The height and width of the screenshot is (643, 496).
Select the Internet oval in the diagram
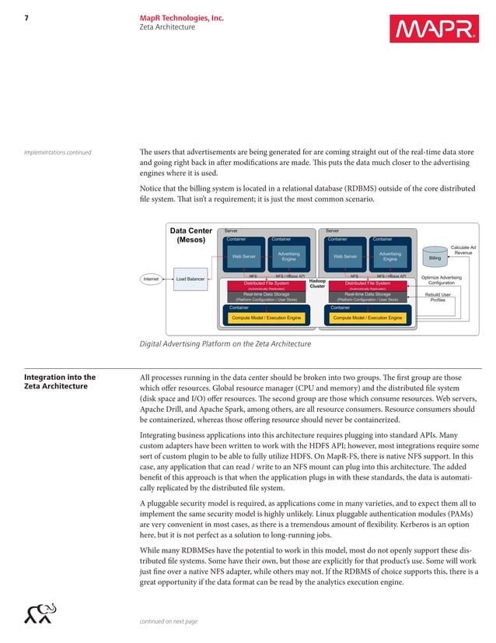(x=152, y=278)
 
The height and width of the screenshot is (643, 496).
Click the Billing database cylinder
(x=435, y=255)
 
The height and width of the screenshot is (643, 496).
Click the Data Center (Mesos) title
(x=190, y=236)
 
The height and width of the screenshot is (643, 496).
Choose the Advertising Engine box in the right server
(x=389, y=255)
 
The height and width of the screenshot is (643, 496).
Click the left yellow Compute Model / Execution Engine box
(x=267, y=318)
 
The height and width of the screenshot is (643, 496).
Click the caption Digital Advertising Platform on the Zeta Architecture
(x=225, y=344)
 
